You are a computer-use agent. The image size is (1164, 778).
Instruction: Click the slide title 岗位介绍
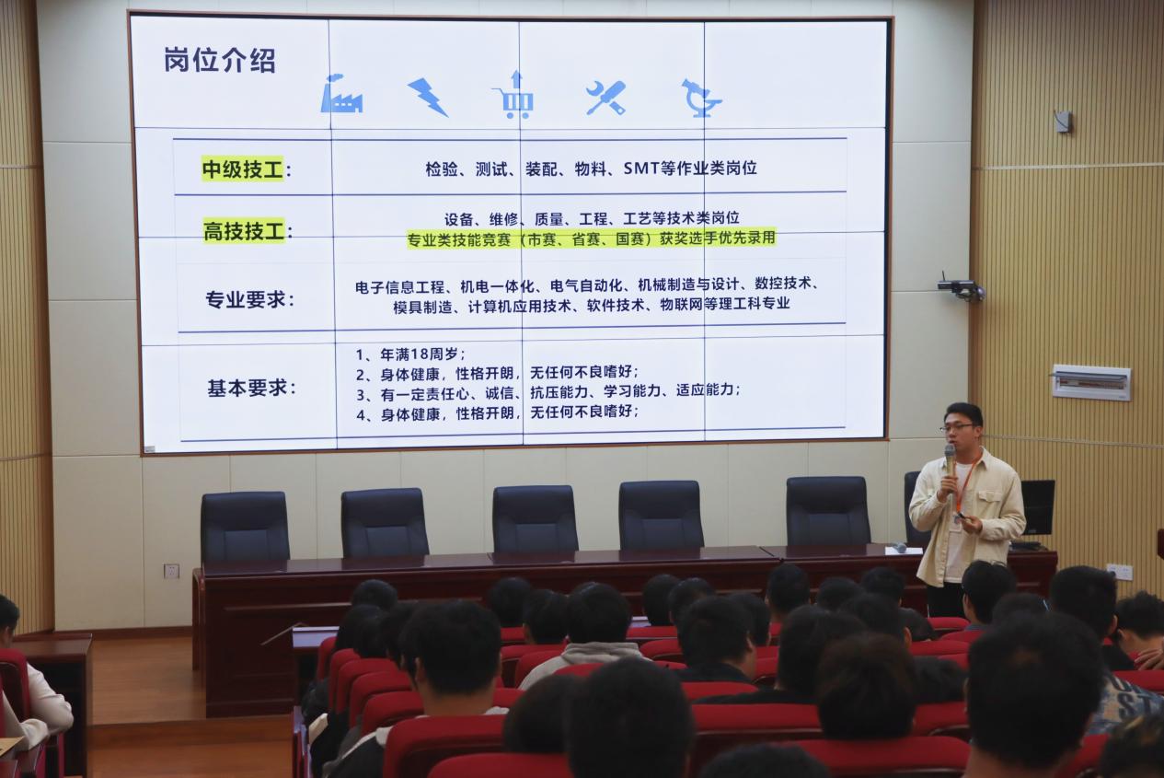tap(219, 61)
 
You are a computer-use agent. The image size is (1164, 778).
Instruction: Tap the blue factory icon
tap(340, 94)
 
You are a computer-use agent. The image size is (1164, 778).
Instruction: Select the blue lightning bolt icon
tap(427, 97)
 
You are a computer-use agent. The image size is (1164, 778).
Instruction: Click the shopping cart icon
tap(514, 95)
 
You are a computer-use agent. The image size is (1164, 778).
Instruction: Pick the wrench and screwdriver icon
tap(605, 98)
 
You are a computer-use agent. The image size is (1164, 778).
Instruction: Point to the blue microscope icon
tap(701, 98)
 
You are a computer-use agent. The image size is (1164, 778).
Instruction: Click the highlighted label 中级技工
tap(243, 169)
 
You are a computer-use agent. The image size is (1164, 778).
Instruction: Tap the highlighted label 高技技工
tap(244, 231)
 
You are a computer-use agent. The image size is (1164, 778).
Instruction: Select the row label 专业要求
tap(250, 299)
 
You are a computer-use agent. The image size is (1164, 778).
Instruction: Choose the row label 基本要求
tap(251, 388)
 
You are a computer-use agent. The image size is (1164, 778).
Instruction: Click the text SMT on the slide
tap(641, 168)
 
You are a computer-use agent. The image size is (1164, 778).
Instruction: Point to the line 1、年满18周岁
tap(410, 354)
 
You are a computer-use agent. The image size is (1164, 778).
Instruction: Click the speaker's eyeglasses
tap(957, 427)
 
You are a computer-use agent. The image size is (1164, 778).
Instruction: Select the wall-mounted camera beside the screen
tap(961, 287)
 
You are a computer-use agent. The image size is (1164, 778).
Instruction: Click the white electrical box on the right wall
tap(1091, 383)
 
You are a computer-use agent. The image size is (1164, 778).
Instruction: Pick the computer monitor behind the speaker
tap(1038, 508)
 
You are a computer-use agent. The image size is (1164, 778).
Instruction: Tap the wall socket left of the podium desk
tap(171, 571)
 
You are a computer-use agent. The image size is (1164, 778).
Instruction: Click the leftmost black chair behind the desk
tap(245, 527)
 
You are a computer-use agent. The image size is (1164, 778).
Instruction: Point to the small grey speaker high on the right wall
tap(1063, 122)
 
